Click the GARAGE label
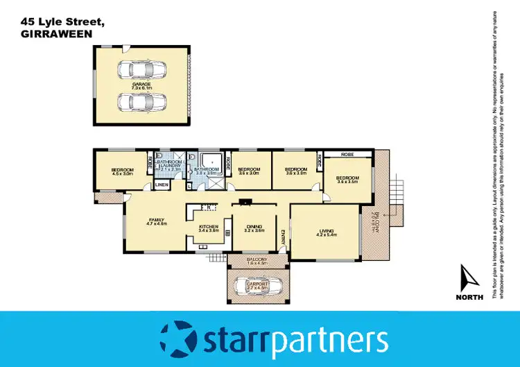141,84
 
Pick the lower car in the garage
141,102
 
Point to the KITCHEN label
209,227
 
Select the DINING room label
254,226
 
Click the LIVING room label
326,231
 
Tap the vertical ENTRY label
283,239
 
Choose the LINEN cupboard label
162,185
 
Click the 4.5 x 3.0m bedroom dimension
122,174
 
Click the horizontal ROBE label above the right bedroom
347,155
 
